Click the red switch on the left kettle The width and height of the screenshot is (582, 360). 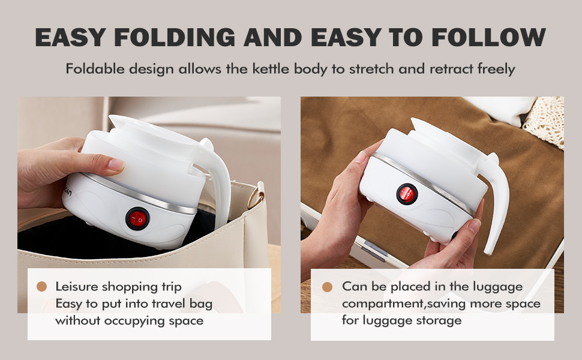pos(137,219)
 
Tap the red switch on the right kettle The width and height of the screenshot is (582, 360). pos(407,193)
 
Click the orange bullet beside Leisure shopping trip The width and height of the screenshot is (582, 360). pos(42,287)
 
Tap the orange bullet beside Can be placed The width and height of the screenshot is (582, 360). pos(327,287)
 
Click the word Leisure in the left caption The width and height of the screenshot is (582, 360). pos(75,287)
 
